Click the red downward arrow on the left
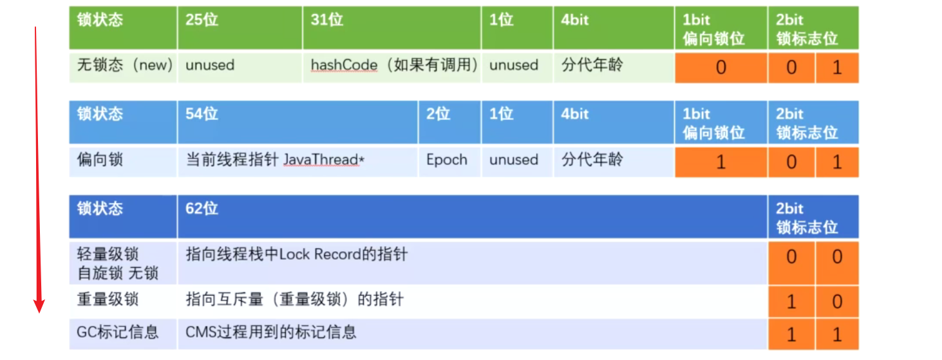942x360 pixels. tap(38, 167)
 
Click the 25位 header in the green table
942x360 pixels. tap(202, 20)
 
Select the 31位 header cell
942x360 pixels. tap(326, 20)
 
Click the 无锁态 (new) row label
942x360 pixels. tap(125, 65)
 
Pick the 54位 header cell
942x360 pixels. tap(202, 114)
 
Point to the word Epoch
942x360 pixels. tap(446, 160)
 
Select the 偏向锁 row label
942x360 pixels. tap(99, 160)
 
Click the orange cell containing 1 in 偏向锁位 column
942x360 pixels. tap(721, 162)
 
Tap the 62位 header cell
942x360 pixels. tap(202, 209)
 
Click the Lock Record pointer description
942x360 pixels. tap(297, 254)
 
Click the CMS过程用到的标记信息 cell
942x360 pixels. tap(271, 332)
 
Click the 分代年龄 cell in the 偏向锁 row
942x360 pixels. tap(592, 160)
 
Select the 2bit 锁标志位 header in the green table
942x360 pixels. tap(807, 29)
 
